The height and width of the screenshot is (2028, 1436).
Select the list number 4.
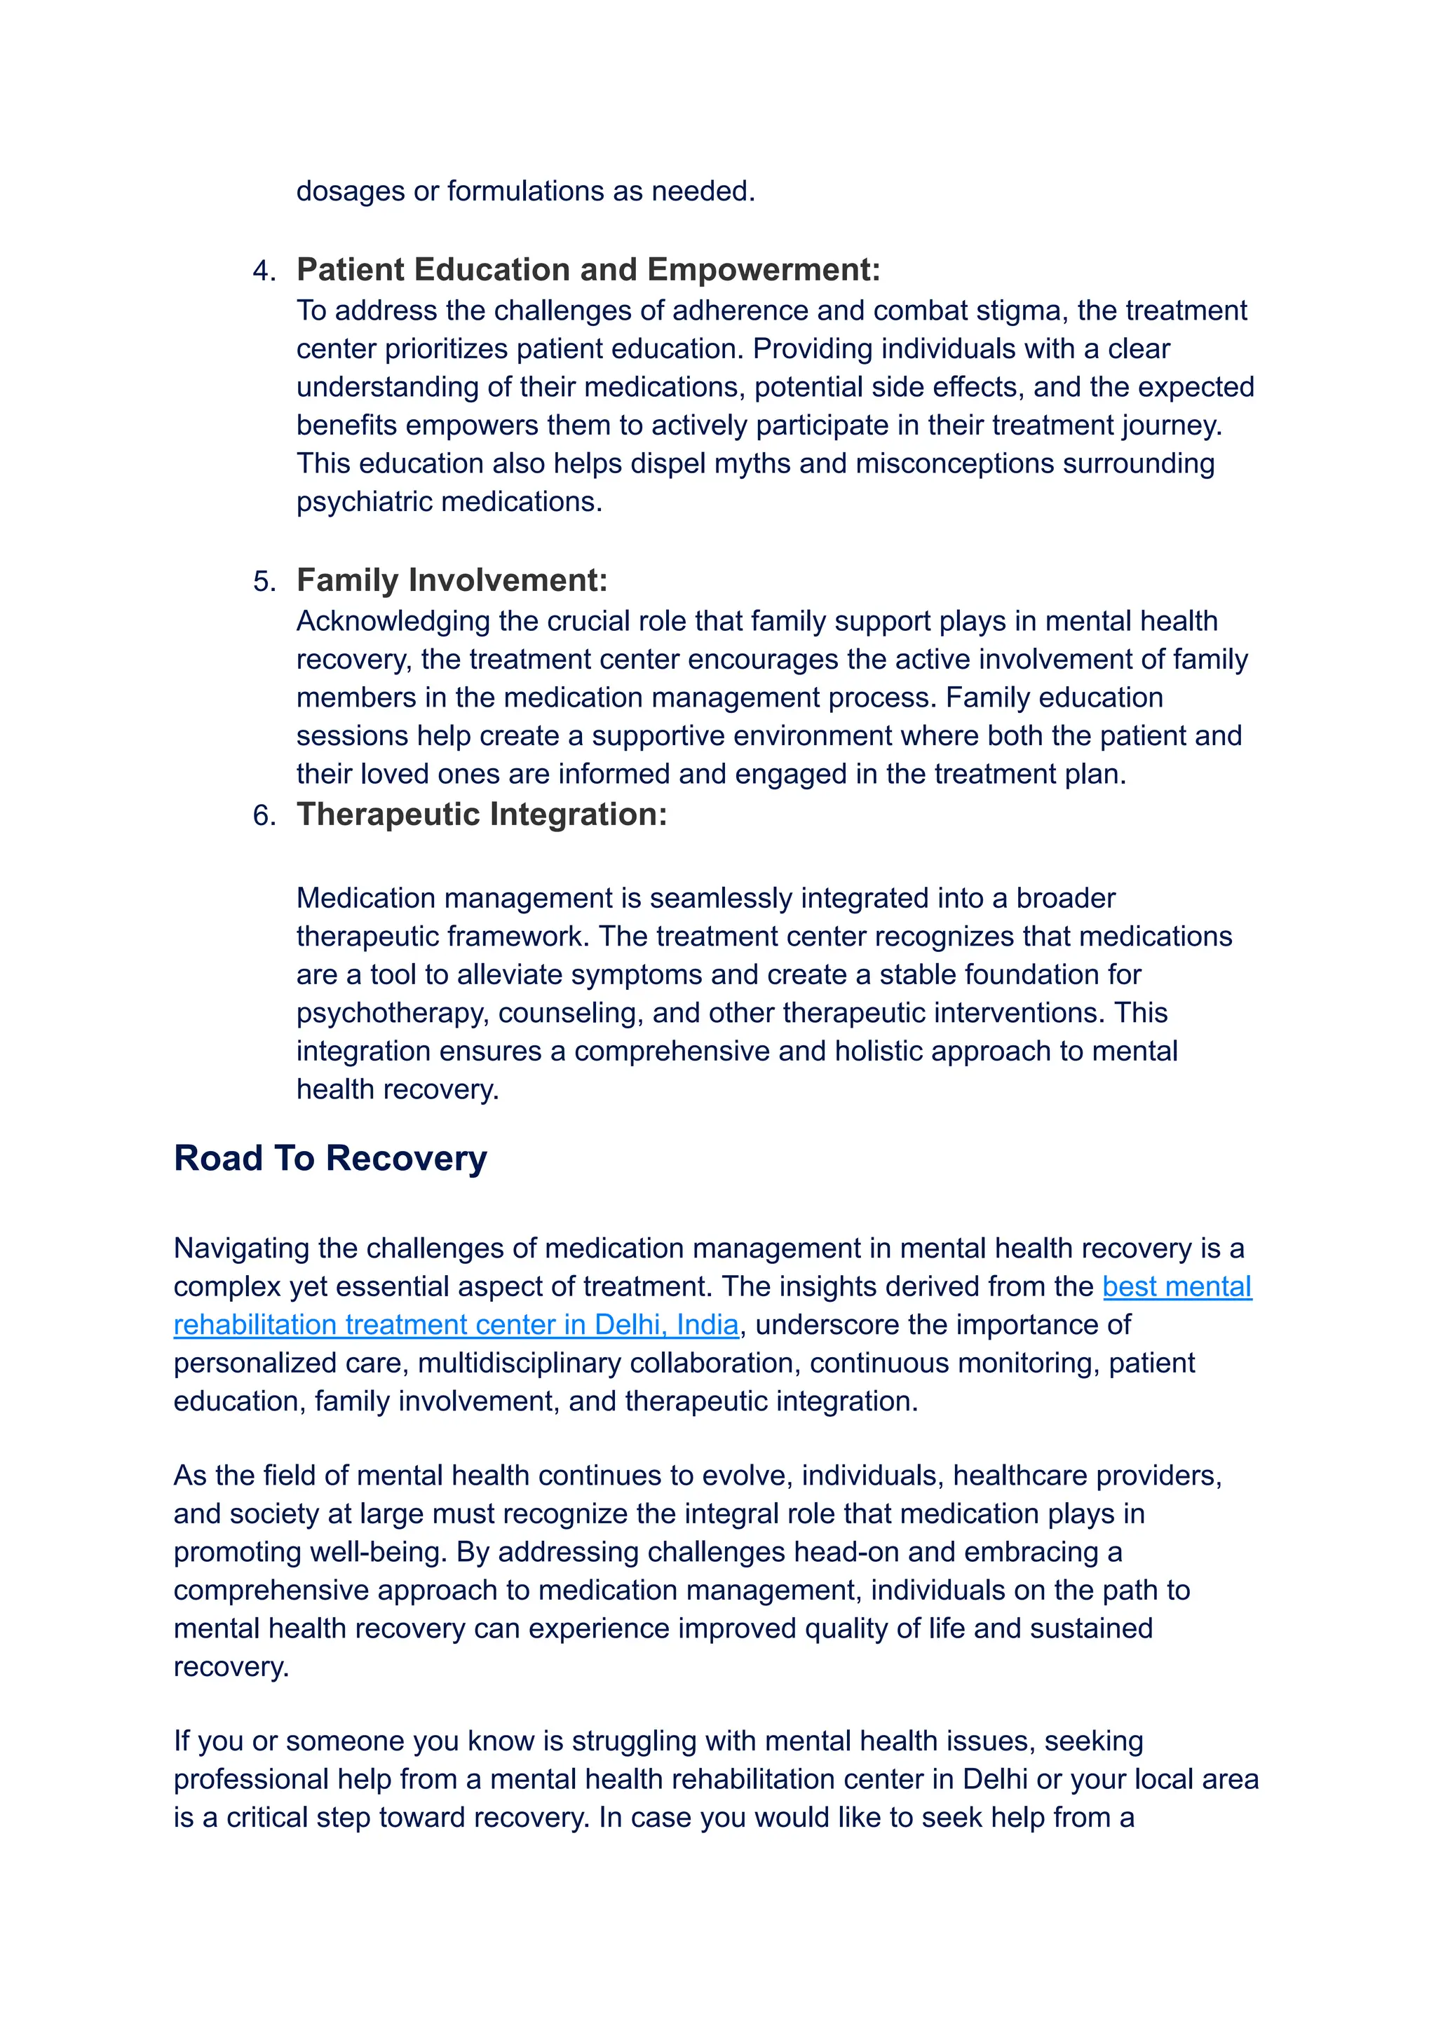[263, 271]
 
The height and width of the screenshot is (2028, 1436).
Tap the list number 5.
[263, 582]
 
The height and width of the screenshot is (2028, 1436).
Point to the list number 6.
[263, 815]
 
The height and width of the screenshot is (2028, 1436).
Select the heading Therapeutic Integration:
[481, 814]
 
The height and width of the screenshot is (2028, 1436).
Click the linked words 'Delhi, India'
[667, 1324]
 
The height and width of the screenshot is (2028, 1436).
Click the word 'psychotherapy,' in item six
[393, 1013]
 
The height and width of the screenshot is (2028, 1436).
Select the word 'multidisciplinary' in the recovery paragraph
[520, 1363]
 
